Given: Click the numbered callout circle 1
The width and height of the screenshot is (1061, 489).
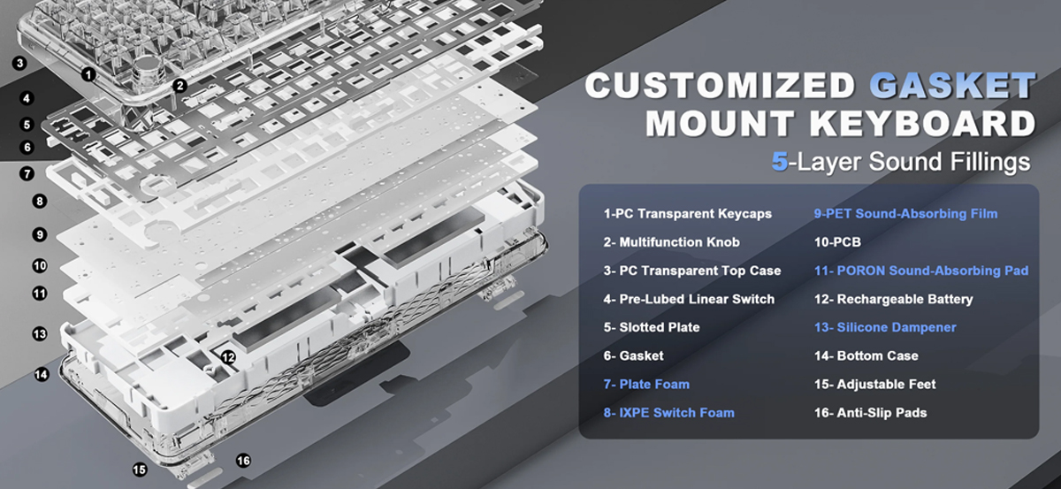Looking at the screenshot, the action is coord(88,74).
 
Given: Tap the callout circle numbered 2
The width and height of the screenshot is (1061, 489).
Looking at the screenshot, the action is coord(179,86).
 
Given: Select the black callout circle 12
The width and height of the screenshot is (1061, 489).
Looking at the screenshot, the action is coord(228,357).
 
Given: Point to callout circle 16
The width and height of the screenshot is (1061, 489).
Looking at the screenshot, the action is coord(243,461).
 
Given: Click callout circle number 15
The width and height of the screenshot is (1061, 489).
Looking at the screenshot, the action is coord(140,470).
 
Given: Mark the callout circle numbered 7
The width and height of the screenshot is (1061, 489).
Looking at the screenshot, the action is coord(27,173).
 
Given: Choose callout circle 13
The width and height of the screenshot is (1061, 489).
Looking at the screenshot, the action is coord(40,334).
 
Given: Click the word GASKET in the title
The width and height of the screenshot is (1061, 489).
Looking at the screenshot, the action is coord(952,85).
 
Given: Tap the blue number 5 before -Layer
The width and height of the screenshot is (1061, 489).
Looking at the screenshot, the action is coord(780,162).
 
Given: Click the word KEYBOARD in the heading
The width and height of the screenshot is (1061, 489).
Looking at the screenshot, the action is coord(923,123).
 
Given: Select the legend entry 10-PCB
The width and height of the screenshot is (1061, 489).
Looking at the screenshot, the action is coord(837,242).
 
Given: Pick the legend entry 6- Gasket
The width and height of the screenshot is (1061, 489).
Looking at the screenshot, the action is coord(633,355).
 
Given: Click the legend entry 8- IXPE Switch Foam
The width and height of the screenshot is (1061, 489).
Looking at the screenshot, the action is coord(668,413).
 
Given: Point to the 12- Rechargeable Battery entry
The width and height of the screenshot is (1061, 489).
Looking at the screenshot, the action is coord(893,300).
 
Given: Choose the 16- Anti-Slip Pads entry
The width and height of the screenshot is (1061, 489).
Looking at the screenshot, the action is coord(871,413).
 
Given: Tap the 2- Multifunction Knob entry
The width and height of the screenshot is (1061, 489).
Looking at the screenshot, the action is coord(671,242).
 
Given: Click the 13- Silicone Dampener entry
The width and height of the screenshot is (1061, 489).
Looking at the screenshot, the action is coord(885,327).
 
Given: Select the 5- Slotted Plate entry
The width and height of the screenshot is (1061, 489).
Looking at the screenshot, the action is coord(652,327).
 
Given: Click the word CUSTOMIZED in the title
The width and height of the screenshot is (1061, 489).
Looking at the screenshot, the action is coord(720,85).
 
